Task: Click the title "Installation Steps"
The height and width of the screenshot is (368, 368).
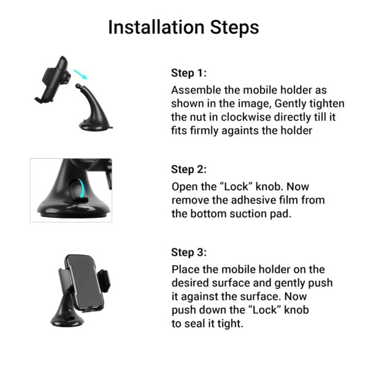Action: click(183, 28)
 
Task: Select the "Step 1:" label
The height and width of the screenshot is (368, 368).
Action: click(189, 73)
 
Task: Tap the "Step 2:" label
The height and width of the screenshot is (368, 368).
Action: click(189, 169)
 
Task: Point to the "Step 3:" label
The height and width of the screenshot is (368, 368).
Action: click(189, 252)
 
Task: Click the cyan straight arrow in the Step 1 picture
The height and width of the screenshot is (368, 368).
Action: click(80, 74)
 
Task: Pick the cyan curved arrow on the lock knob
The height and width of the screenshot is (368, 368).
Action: click(81, 188)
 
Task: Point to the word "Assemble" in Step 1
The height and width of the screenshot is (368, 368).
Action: click(196, 90)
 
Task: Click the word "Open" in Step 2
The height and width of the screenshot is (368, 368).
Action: click(185, 187)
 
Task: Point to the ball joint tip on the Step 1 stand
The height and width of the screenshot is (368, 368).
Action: click(78, 86)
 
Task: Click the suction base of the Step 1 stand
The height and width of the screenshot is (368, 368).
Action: click(96, 126)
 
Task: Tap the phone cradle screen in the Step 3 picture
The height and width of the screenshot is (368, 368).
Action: click(85, 282)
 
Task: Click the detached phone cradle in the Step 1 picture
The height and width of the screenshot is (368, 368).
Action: click(53, 79)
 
